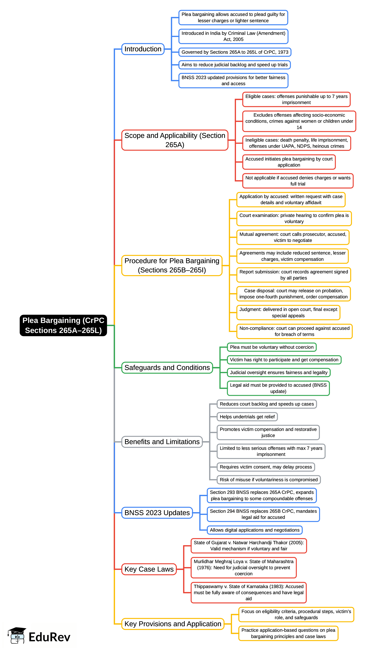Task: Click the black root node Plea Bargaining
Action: pyautogui.click(x=63, y=325)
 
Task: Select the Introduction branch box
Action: pyautogui.click(x=143, y=49)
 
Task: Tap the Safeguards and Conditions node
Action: pyautogui.click(x=167, y=367)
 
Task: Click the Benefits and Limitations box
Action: pyautogui.click(x=162, y=442)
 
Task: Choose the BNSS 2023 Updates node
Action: pyautogui.click(x=157, y=513)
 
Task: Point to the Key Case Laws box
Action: pyautogui.click(x=149, y=569)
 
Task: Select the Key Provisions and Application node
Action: pyautogui.click(x=173, y=624)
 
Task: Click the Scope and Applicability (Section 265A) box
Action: pyautogui.click(x=175, y=140)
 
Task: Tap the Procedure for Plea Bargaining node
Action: pyautogui.click(x=172, y=265)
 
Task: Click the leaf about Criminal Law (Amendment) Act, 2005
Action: pyautogui.click(x=233, y=36)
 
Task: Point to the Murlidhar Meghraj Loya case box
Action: pyautogui.click(x=243, y=567)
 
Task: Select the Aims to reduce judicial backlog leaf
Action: pyautogui.click(x=235, y=65)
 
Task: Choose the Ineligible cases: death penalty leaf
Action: pyautogui.click(x=296, y=143)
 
